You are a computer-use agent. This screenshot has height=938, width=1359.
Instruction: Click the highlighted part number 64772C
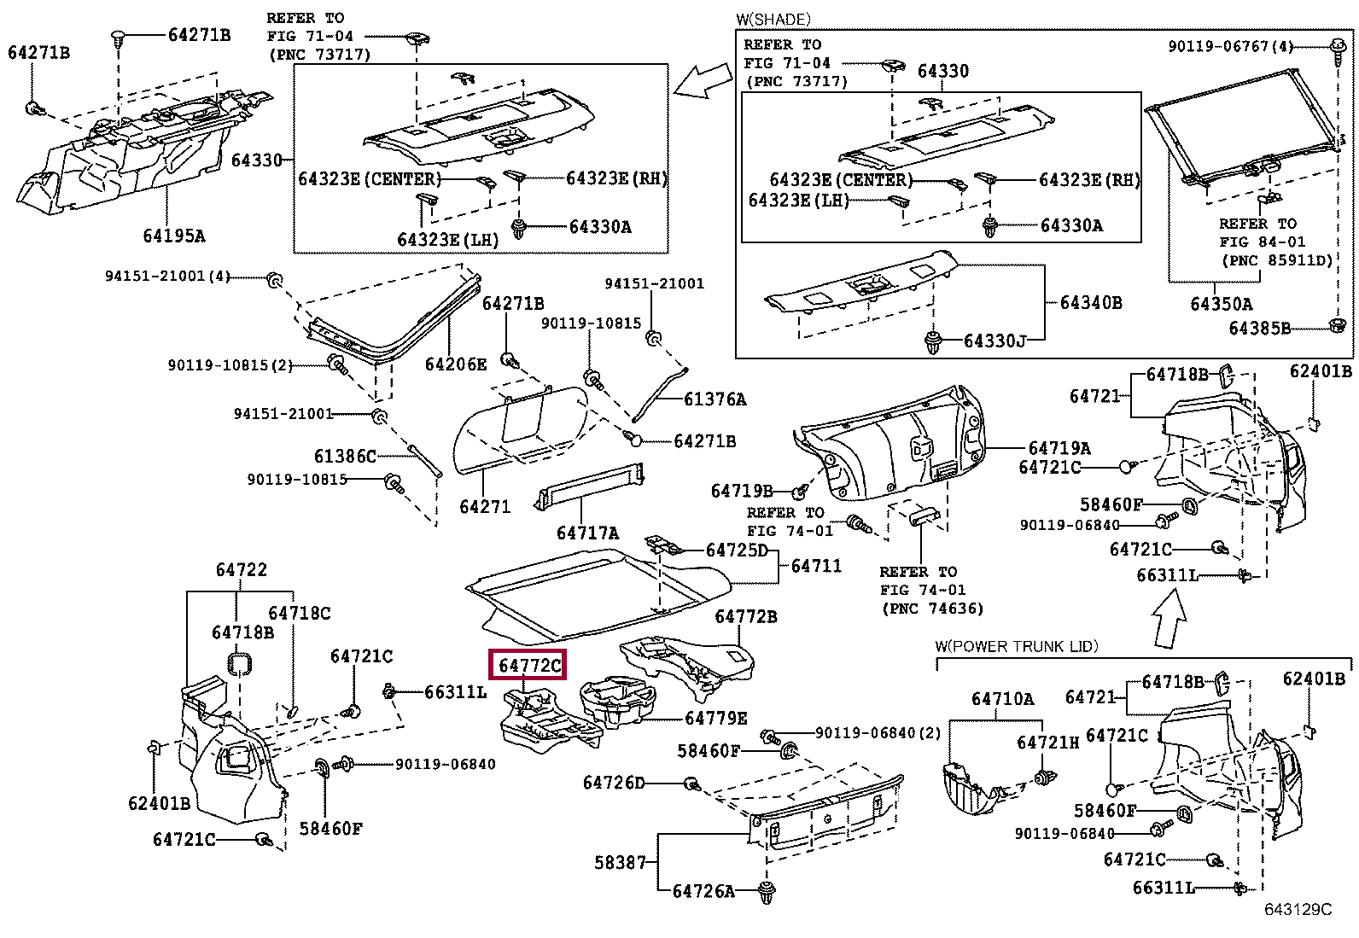[530, 666]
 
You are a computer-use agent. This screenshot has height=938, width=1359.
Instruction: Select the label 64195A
[174, 236]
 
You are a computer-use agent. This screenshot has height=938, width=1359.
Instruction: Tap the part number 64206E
[456, 364]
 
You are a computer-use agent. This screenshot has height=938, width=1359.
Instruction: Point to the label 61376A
[714, 399]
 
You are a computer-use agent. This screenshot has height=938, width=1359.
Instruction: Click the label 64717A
[587, 533]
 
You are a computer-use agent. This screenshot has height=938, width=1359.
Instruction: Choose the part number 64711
[816, 565]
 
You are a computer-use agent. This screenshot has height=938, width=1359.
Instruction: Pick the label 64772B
[746, 616]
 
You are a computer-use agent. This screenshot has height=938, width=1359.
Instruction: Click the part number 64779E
[716, 719]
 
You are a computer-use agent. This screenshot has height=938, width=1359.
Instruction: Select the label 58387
[621, 863]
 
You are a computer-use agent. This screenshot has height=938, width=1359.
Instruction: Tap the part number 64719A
[1059, 448]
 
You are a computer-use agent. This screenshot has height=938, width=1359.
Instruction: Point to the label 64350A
[1222, 303]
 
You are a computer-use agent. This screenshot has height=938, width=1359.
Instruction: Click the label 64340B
[1091, 302]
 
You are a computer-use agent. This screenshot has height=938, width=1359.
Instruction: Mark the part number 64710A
[1002, 699]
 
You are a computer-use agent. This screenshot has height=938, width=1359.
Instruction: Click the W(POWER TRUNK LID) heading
[1016, 646]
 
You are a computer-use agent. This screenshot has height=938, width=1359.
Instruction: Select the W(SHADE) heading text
[773, 19]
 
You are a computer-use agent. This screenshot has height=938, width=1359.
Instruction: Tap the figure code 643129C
[1298, 910]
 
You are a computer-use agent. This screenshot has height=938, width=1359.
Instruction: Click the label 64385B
[1260, 328]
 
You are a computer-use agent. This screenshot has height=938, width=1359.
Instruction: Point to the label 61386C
[345, 457]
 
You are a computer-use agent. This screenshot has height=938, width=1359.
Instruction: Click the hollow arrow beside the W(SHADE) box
[702, 80]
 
